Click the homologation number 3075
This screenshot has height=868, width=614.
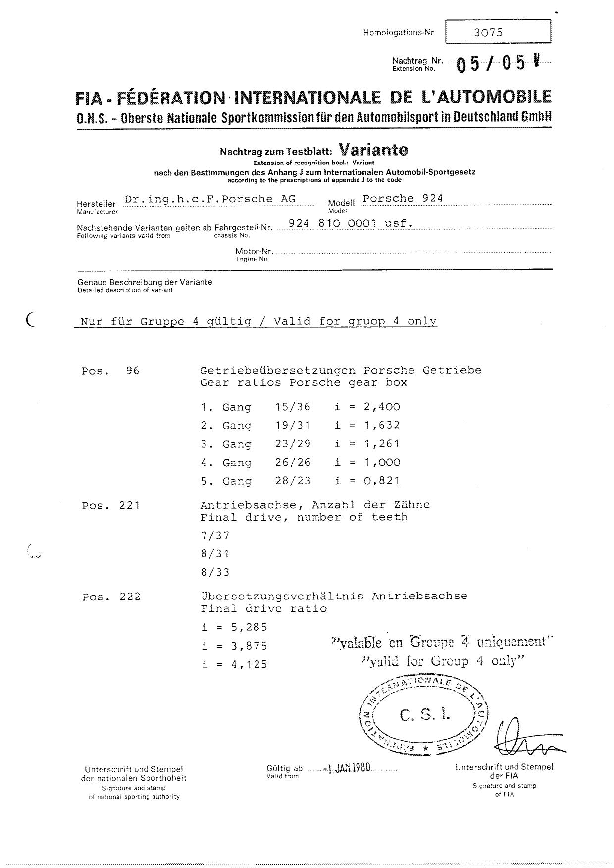pos(488,33)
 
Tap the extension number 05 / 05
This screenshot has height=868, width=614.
pos(490,64)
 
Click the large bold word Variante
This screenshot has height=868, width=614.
pos(373,150)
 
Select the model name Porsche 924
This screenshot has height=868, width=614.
pos(403,199)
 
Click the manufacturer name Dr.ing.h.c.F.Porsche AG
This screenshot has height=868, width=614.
pos(210,199)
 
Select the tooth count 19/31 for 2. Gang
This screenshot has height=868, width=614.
pos(293,426)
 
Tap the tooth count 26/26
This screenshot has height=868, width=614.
pos(293,462)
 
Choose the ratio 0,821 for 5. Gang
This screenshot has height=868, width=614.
pos(381,481)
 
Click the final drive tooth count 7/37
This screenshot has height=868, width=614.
pos(215,536)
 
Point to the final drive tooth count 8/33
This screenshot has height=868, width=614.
pos(215,573)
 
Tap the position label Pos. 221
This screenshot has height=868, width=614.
pos(111,506)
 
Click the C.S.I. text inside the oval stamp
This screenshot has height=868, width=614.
pos(425,715)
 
